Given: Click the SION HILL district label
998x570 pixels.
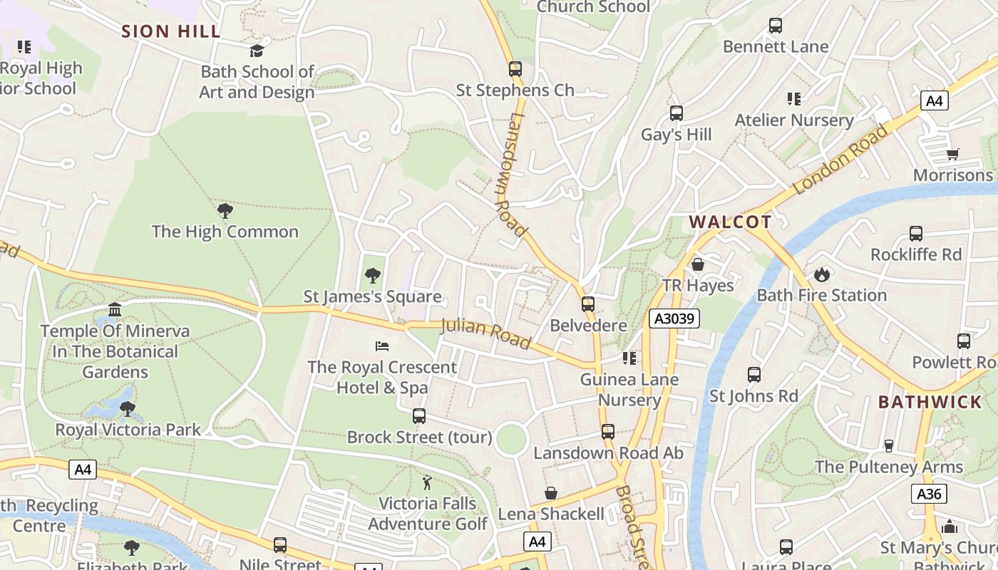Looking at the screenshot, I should pos(170,31).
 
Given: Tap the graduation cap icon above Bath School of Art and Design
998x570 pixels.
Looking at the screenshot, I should pos(257,51).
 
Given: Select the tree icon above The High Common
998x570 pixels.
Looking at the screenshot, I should pos(225,211).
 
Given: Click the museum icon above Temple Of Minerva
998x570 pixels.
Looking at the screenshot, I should pos(115,310).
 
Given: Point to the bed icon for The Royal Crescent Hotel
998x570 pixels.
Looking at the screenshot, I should pos(382,346).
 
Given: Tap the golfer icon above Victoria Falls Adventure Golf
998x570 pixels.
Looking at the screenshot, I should pos(427,482).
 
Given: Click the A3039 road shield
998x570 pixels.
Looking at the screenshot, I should pos(674,318).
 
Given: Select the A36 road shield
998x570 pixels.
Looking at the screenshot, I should pos(929,494).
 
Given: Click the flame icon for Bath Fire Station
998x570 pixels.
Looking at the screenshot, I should pos(821,274).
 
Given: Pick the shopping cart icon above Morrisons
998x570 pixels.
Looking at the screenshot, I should pos(953,154).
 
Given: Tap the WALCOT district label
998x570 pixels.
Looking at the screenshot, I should pos(731,222).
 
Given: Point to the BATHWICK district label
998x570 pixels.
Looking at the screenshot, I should pos(930,402).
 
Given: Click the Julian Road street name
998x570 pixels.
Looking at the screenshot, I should pos(486,333).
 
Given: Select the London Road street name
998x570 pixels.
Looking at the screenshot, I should pos(840,160).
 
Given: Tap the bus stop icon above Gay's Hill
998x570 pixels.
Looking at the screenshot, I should pos(676,113).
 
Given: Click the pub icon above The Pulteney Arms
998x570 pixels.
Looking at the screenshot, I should pos(888,446).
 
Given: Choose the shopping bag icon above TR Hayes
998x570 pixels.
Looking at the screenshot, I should pos(698,264).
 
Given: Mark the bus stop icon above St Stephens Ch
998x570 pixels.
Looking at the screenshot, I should pos(515,69).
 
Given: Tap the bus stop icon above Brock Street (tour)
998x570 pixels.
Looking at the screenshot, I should pos(419,416).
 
